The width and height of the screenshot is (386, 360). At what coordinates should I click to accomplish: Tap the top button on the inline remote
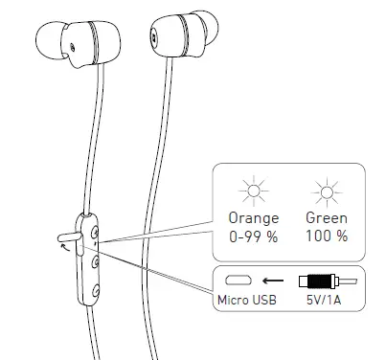coord(95,231)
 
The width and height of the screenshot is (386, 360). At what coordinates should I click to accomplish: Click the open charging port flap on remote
coord(70,235)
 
